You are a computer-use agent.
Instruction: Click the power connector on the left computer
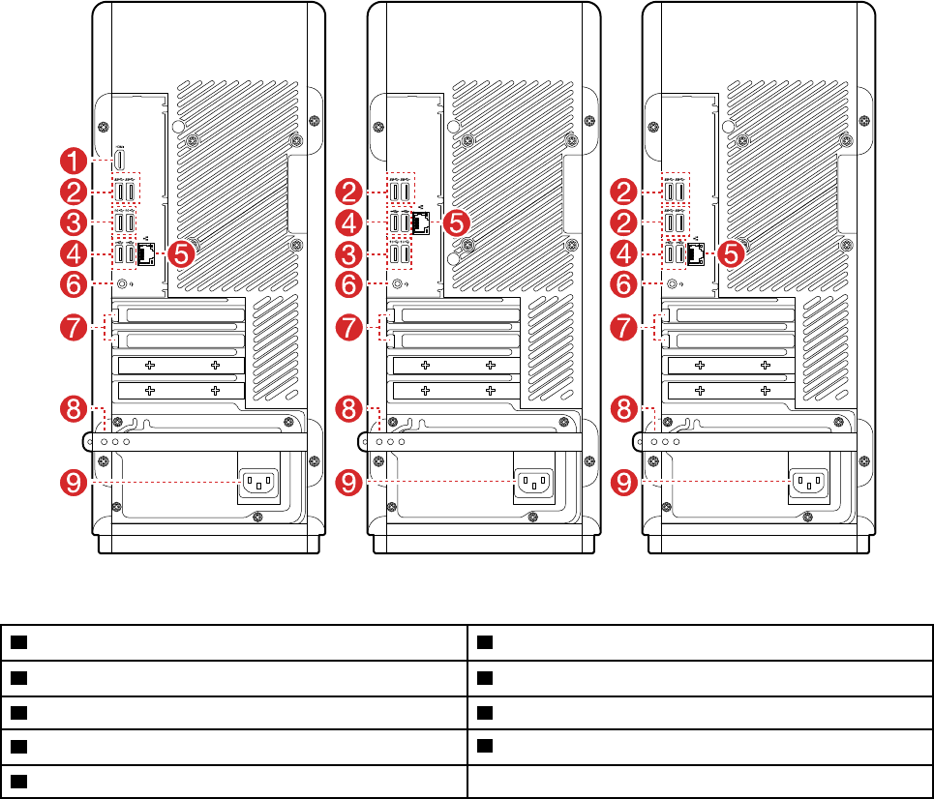(x=257, y=481)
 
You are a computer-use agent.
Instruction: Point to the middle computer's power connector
(x=532, y=481)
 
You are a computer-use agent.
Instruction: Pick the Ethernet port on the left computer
(x=146, y=254)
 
